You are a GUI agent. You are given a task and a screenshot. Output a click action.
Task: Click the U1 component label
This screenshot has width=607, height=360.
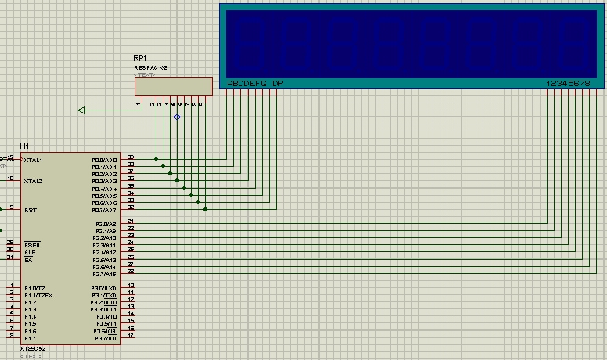click(25, 146)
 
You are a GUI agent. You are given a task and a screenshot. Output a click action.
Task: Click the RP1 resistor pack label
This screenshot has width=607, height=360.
click(141, 59)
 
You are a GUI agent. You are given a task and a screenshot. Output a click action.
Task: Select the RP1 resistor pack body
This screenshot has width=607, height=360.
click(173, 86)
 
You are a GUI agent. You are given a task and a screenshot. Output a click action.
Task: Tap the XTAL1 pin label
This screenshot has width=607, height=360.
click(34, 160)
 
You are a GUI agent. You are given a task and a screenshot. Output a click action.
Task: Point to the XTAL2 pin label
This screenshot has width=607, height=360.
click(34, 181)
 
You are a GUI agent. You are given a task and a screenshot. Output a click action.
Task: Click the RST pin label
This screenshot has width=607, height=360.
click(31, 210)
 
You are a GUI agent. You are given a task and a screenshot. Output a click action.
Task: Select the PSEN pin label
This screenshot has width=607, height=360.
click(31, 245)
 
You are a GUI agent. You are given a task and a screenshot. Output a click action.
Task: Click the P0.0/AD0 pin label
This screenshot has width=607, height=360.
click(104, 160)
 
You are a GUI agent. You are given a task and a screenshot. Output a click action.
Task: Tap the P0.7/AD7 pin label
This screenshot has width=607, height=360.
click(104, 210)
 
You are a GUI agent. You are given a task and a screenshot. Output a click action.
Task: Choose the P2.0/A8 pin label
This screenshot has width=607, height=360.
click(106, 224)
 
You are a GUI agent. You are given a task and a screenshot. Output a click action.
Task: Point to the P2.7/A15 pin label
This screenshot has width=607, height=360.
click(105, 274)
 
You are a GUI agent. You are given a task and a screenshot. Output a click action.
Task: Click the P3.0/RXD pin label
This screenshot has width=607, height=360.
click(104, 289)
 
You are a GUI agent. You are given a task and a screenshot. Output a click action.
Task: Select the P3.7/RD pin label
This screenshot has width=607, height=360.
click(105, 338)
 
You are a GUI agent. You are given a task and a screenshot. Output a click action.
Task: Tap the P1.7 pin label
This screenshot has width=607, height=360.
click(30, 338)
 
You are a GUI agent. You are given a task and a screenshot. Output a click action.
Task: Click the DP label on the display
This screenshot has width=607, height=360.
click(278, 84)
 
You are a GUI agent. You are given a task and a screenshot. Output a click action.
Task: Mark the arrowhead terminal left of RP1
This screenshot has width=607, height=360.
click(81, 110)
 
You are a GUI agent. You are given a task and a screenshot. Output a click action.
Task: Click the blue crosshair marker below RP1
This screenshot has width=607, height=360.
click(177, 117)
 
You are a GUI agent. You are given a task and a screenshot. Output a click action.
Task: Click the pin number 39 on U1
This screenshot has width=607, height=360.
click(131, 157)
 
